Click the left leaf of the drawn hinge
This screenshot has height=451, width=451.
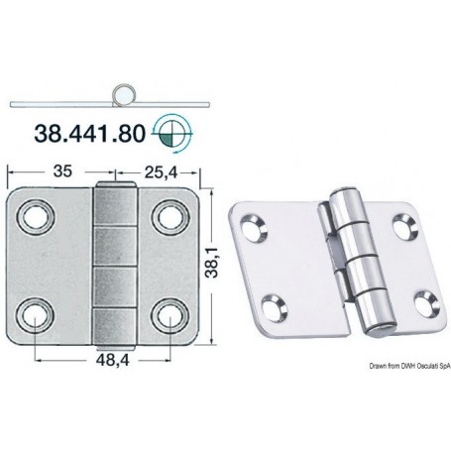(55, 265)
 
